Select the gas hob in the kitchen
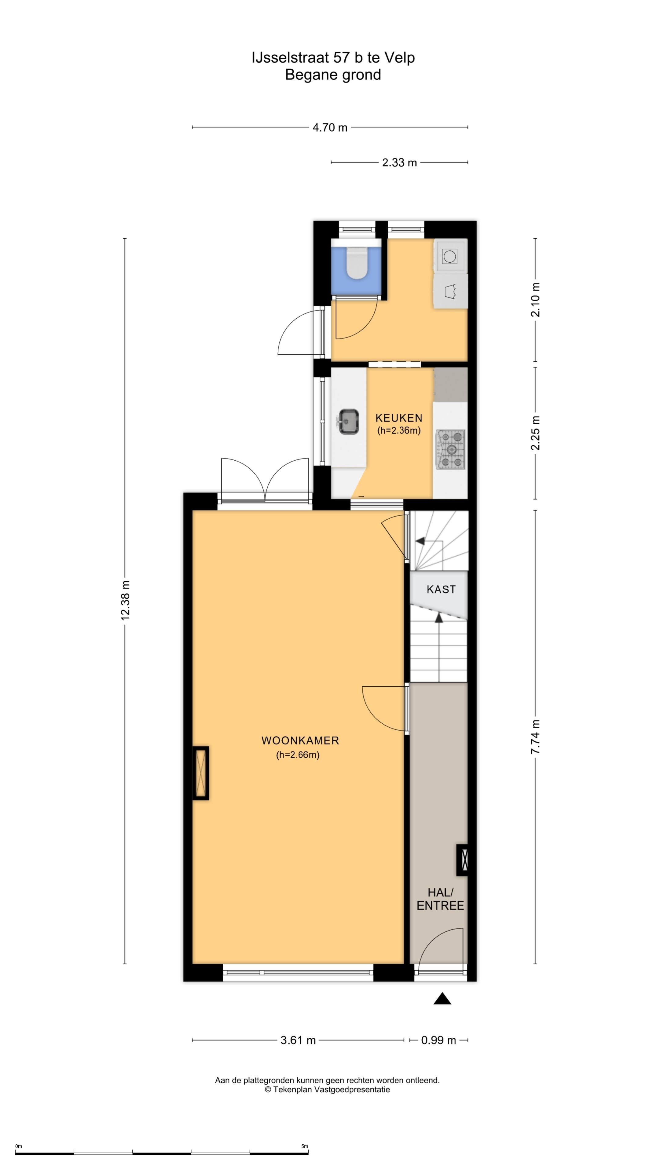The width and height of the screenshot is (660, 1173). (x=450, y=449)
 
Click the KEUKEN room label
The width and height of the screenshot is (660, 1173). (x=398, y=418)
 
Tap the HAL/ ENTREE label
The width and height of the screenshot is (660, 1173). (x=440, y=899)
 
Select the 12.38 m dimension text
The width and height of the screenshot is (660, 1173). (x=125, y=600)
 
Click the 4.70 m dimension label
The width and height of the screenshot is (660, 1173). (x=330, y=127)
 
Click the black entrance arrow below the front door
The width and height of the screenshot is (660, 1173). (x=442, y=999)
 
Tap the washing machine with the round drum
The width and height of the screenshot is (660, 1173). (x=450, y=256)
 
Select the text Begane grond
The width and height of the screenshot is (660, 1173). (x=333, y=75)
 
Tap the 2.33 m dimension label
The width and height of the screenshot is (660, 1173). (x=399, y=163)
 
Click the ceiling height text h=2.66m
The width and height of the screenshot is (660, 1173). (x=298, y=755)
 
